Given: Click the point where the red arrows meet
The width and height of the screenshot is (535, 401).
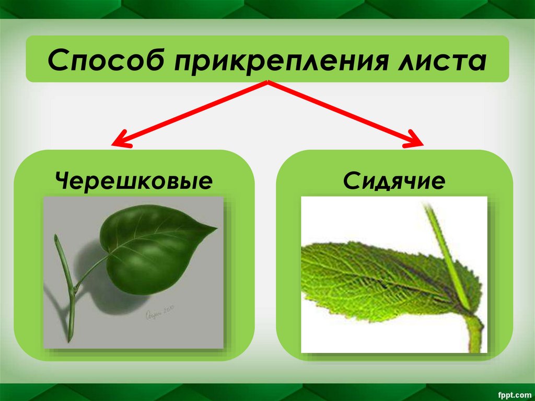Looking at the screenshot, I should tap(267, 82).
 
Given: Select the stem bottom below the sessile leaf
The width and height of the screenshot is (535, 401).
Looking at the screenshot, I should tap(476, 337).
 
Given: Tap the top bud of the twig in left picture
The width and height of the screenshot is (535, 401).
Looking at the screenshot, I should tap(56, 239).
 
